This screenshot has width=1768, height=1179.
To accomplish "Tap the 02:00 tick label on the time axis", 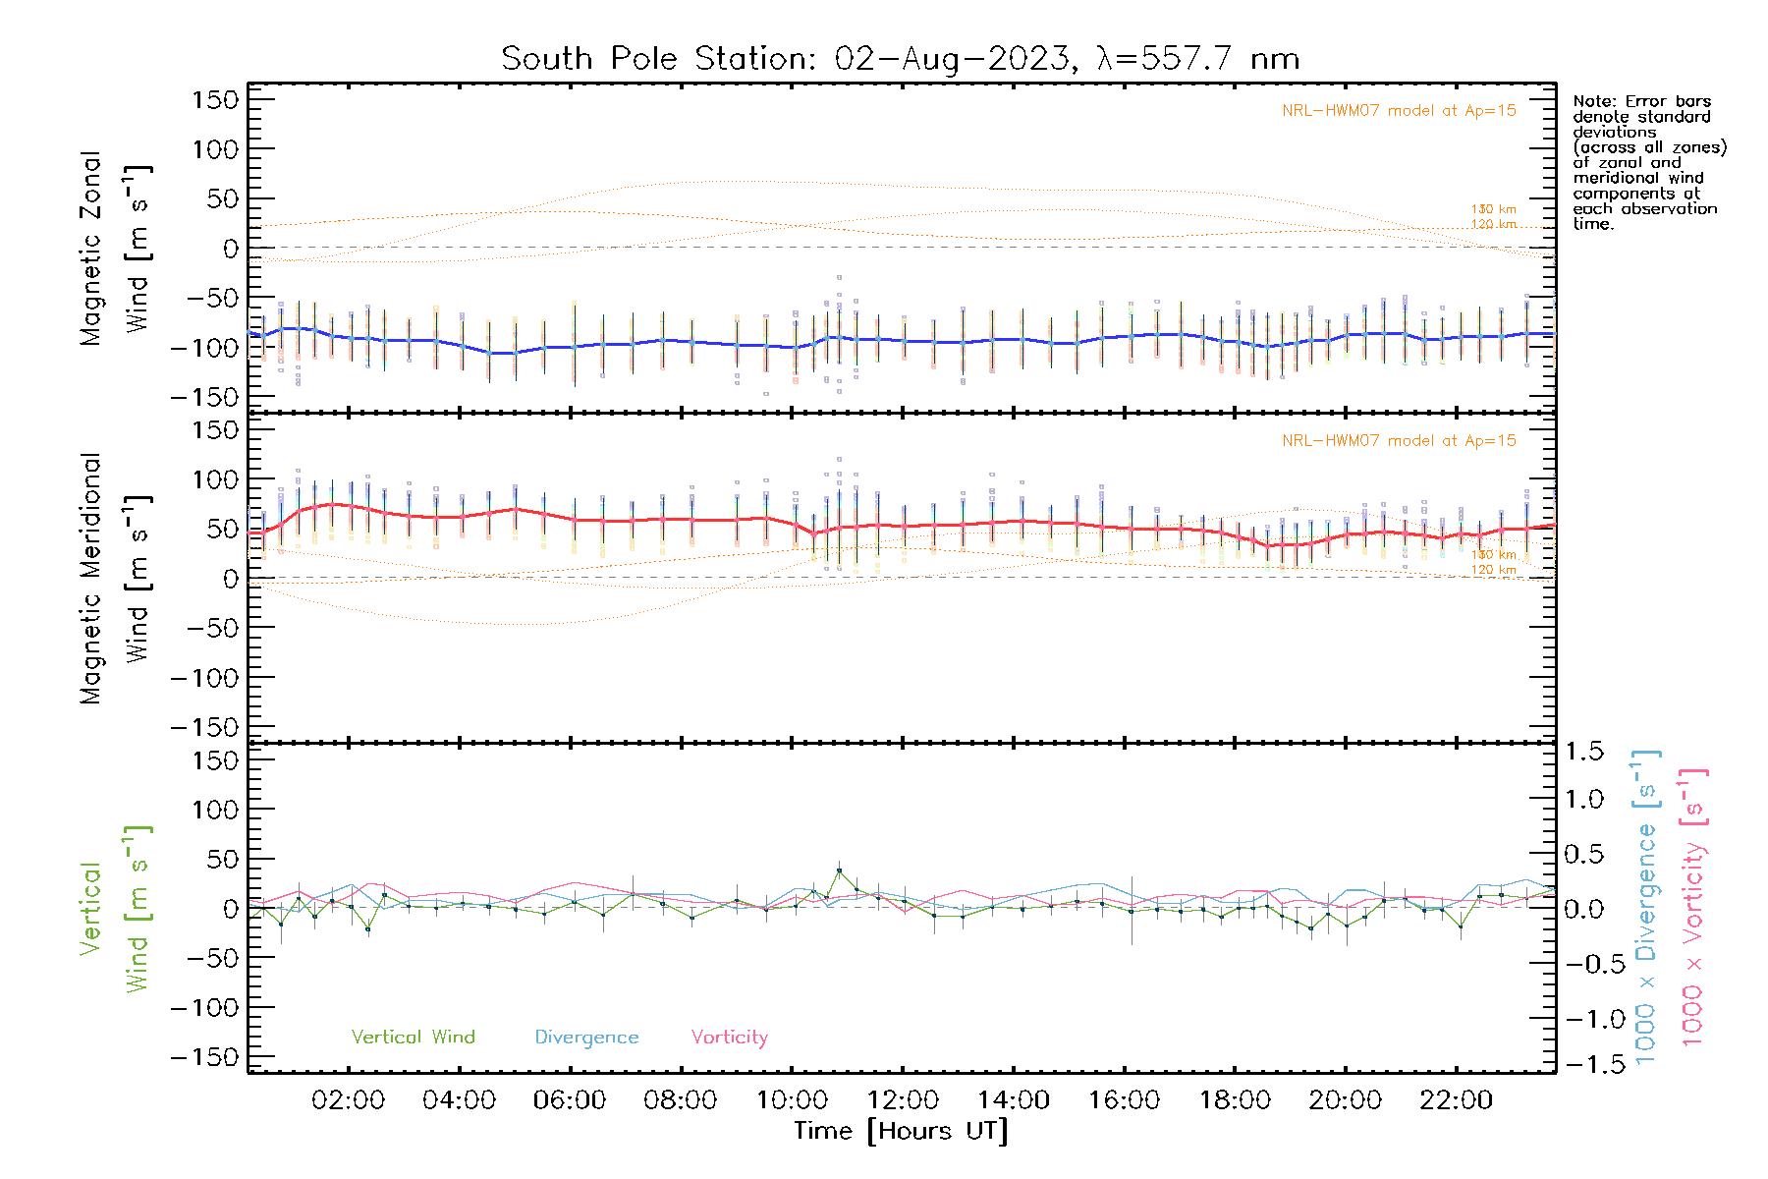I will (x=348, y=1100).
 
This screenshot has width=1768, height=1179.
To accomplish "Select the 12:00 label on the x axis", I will (x=903, y=1100).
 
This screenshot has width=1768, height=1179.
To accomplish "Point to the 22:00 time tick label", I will (x=1456, y=1100).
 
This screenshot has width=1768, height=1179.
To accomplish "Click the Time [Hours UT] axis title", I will (x=901, y=1131).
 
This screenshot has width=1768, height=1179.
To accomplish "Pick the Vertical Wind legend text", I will (x=413, y=1038).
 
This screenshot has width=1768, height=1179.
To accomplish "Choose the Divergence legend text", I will (x=586, y=1038).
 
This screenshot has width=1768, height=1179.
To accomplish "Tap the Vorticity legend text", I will (x=729, y=1038).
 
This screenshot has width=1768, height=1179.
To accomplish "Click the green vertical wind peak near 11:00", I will (x=839, y=870).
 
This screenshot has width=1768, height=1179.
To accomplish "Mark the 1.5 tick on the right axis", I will (x=1583, y=752).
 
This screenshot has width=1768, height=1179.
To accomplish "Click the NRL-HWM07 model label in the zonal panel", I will (x=1399, y=111).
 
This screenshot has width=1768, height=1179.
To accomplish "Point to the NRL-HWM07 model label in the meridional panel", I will (x=1399, y=441).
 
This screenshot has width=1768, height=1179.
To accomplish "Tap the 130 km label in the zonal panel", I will (x=1493, y=209).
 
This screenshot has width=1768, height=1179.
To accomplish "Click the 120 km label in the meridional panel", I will (x=1493, y=570).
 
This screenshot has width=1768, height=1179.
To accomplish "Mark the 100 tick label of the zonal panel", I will (x=215, y=149).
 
